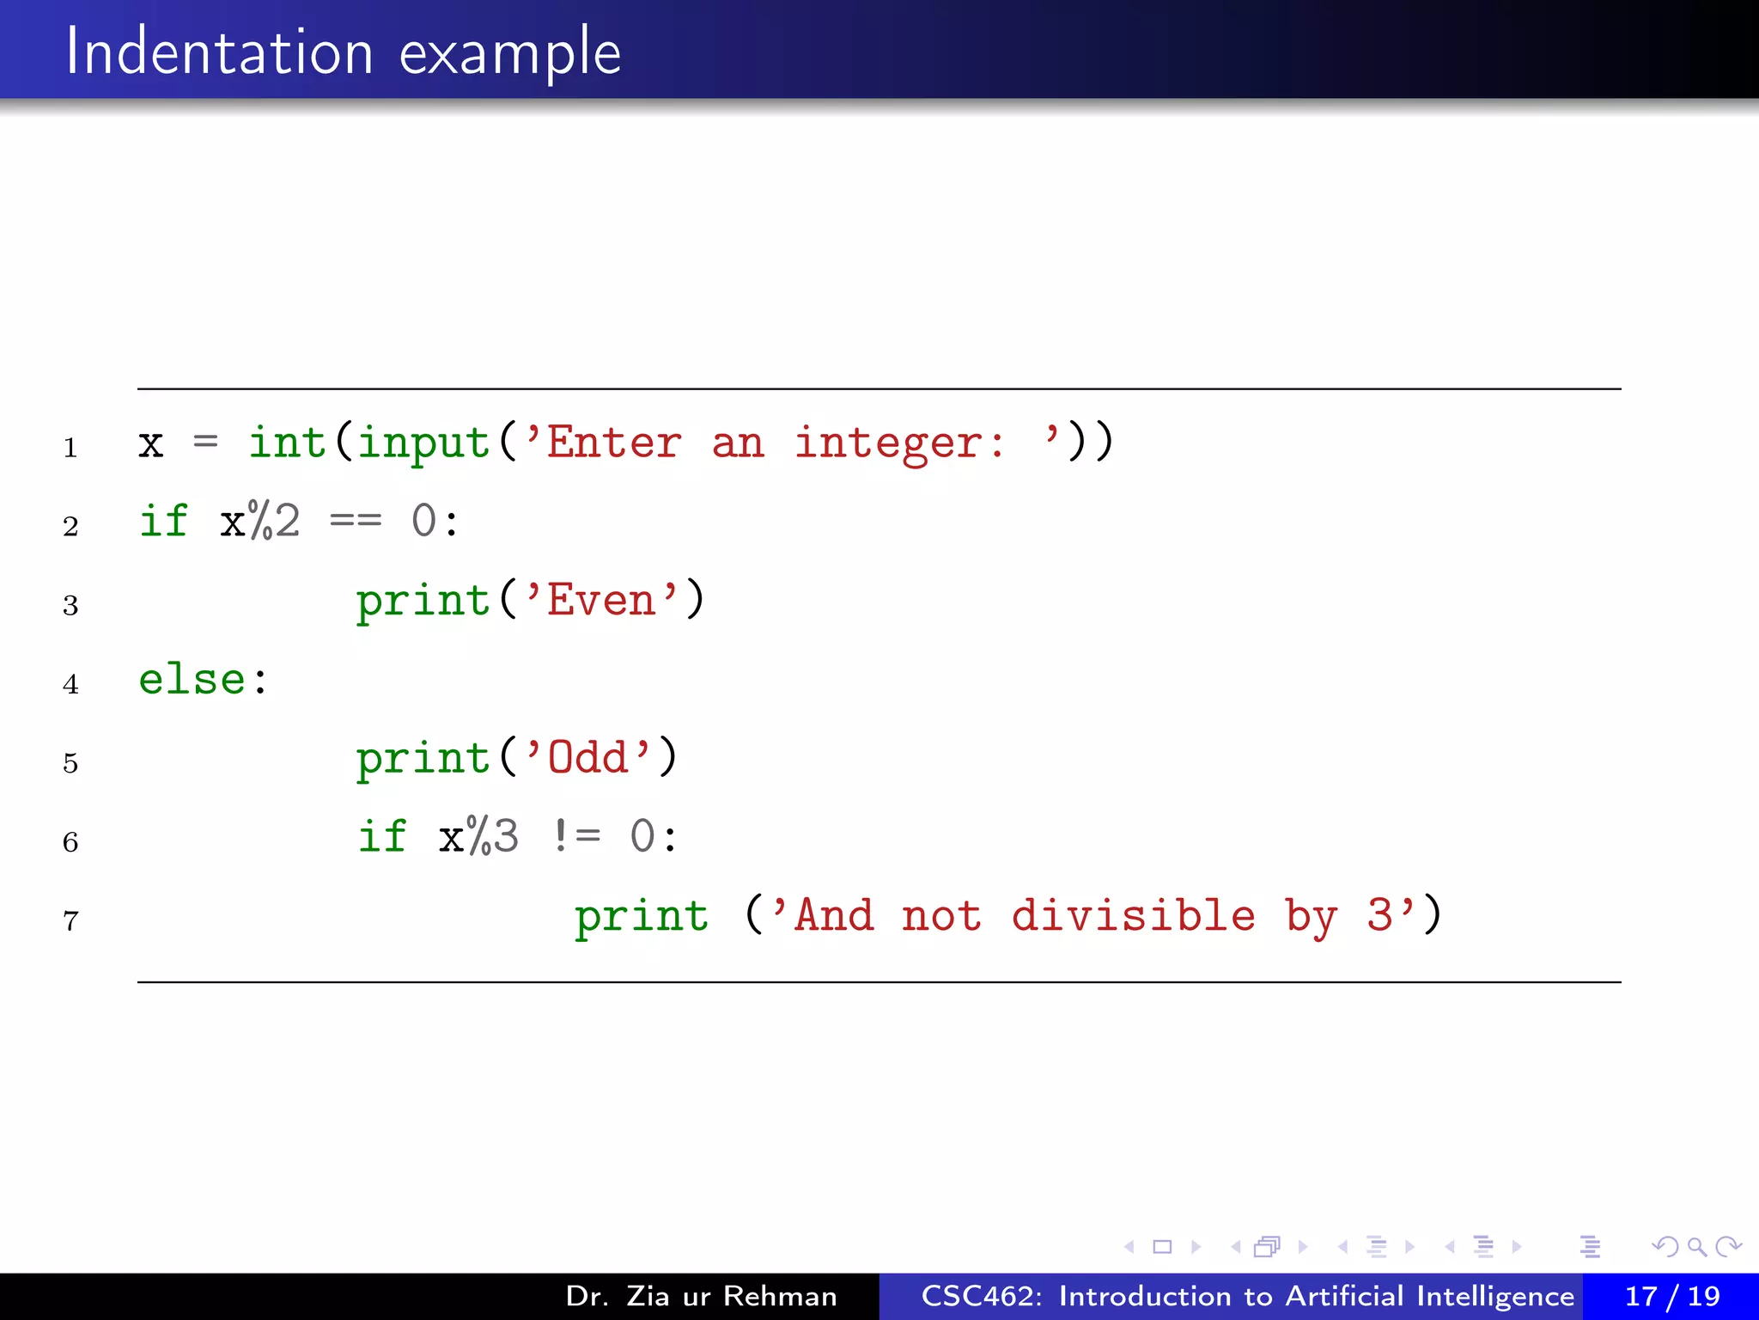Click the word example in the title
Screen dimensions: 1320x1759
click(510, 53)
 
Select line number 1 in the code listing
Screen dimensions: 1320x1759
click(70, 448)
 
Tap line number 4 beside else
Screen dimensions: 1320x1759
click(70, 684)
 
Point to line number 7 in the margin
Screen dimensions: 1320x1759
click(70, 921)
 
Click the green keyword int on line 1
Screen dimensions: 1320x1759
click(287, 443)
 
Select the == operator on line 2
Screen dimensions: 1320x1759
click(356, 521)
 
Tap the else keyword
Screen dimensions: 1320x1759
click(192, 679)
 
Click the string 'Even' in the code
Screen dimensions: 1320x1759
click(601, 599)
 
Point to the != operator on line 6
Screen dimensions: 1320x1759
click(576, 836)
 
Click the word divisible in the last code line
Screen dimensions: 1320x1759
click(1133, 914)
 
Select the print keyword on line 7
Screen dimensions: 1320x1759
click(642, 916)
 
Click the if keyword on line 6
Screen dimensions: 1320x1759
click(381, 836)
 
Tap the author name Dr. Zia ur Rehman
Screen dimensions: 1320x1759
click(701, 1296)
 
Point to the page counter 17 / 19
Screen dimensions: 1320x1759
click(1671, 1296)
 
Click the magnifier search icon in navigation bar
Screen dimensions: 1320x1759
click(1696, 1246)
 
